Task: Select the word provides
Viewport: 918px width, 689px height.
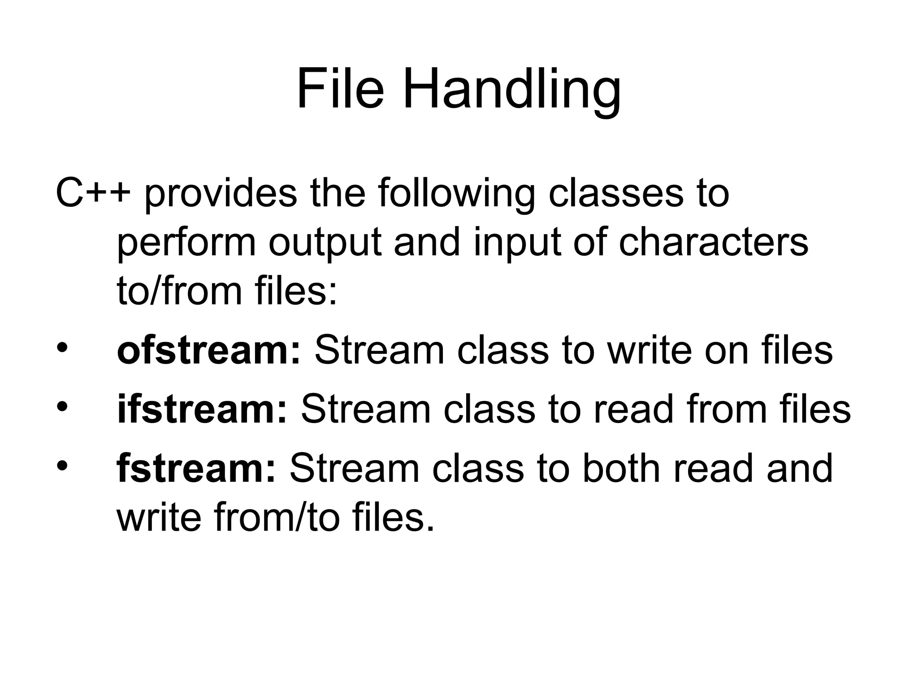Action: (221, 194)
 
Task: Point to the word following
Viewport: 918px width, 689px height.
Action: (457, 194)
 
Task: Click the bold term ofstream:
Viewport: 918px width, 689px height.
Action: (209, 350)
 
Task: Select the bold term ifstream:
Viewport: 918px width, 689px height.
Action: (202, 409)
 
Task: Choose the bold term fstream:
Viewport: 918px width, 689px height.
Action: (196, 468)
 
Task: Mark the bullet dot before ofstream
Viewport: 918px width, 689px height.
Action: (62, 349)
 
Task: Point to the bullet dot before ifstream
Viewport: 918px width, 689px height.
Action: (62, 407)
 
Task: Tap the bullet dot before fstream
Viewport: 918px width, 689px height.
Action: (62, 466)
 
